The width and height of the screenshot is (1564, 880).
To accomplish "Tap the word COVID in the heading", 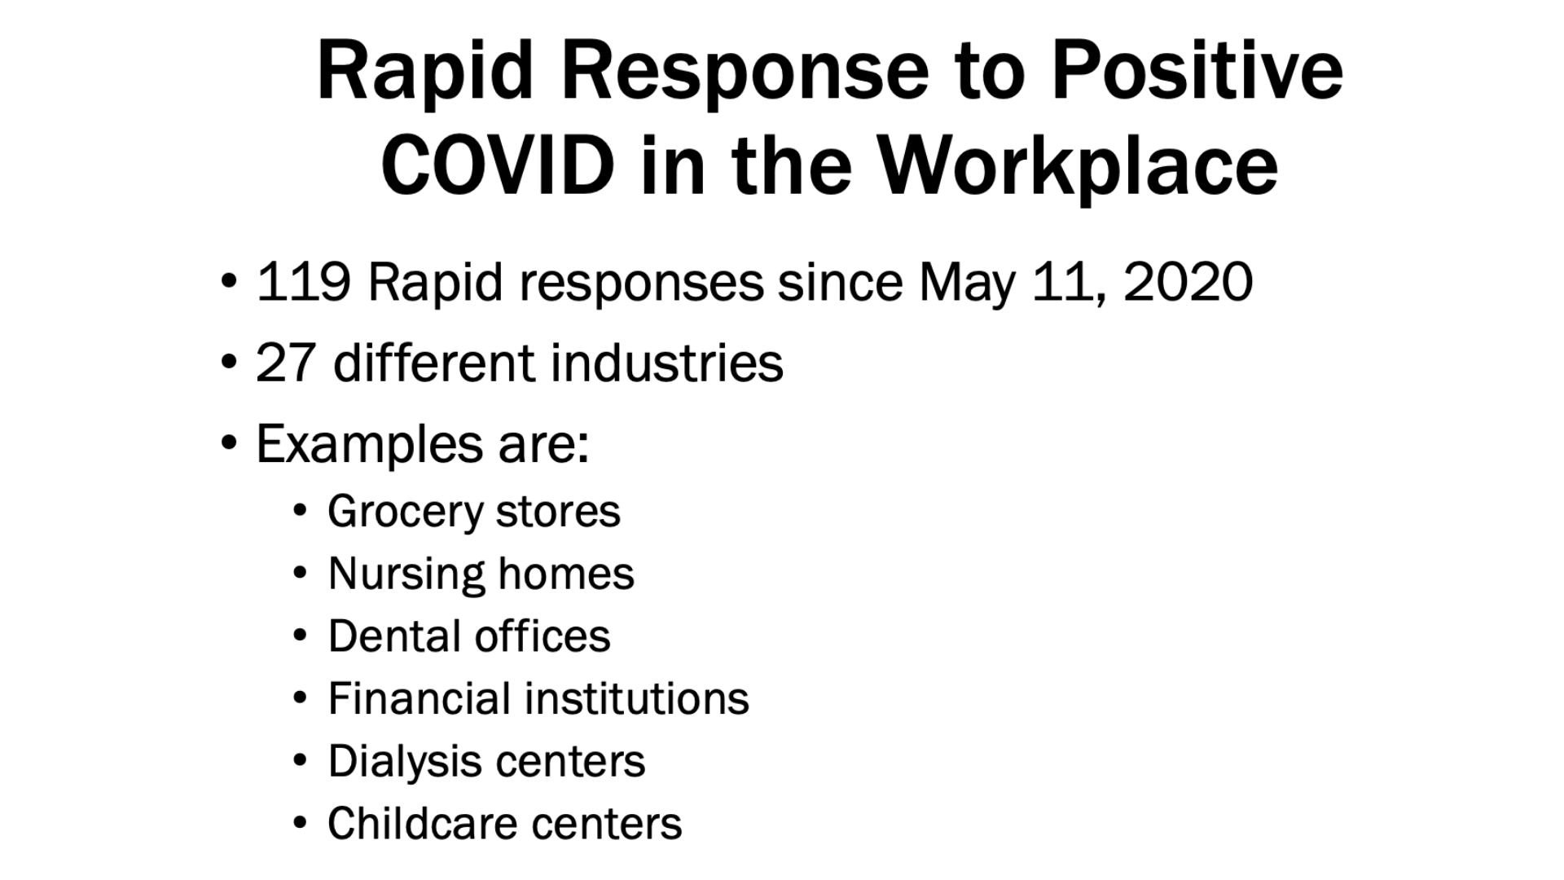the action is coord(497,165).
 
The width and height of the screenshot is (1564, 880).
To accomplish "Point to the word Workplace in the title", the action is coord(1079,167).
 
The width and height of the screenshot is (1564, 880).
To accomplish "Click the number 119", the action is coord(304,283).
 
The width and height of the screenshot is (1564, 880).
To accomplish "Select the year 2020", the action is coord(1188,283).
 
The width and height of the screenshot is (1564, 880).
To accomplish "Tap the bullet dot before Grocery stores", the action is coord(301,512).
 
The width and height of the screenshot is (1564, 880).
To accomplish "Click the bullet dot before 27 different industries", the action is coord(229,361).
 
